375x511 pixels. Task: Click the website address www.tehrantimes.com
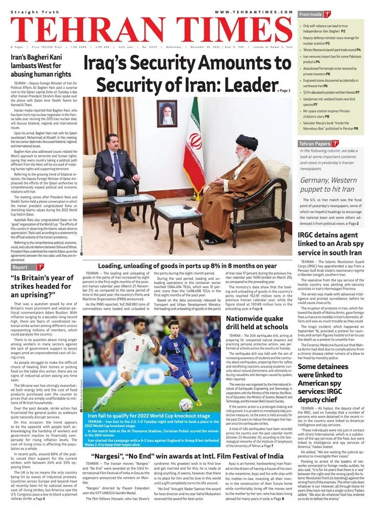pos(253,12)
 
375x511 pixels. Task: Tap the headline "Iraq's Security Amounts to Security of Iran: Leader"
pos(188,74)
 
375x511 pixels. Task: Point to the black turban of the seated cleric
pos(246,142)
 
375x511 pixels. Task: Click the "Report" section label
pos(20,267)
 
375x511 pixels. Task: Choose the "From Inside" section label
pos(311,14)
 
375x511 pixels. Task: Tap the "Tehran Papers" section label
pos(314,144)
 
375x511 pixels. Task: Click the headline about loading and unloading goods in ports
pos(188,266)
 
